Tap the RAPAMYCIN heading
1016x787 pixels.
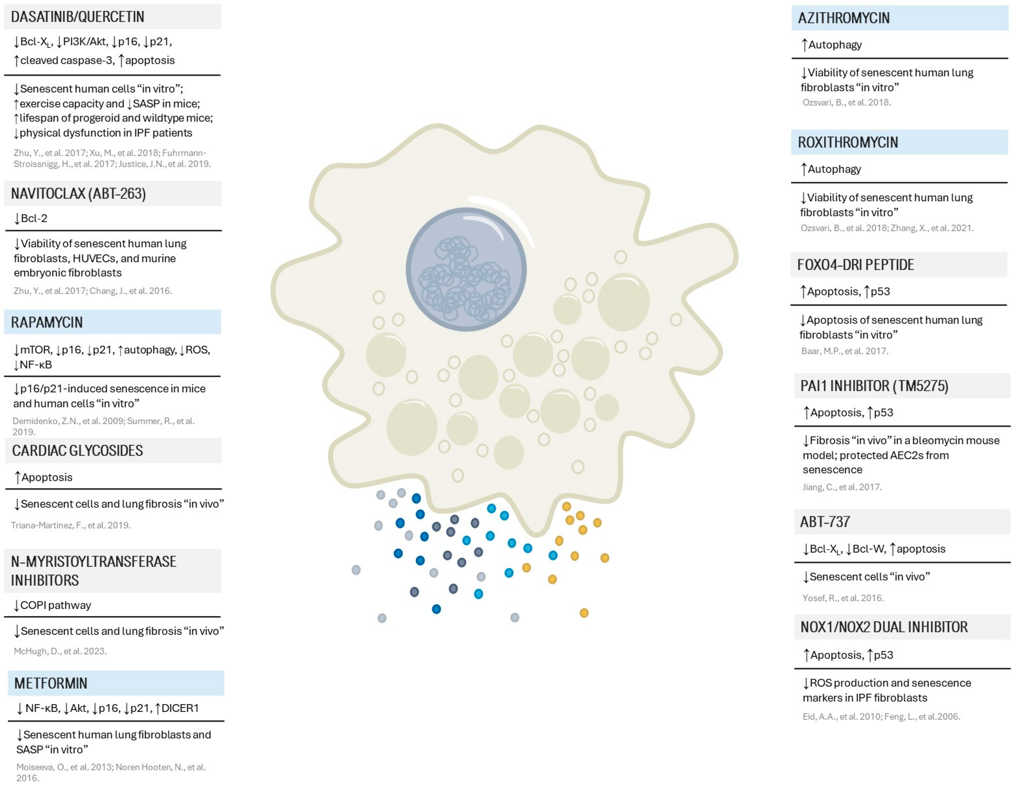47,322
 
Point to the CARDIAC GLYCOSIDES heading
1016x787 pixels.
78,450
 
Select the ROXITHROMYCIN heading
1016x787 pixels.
847,142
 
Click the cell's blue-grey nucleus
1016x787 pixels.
466,270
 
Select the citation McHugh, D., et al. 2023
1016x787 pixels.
60,651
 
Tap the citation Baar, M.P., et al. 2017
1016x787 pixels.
844,351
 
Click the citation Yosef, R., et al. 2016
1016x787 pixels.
842,598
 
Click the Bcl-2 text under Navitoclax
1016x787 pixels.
34,218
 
